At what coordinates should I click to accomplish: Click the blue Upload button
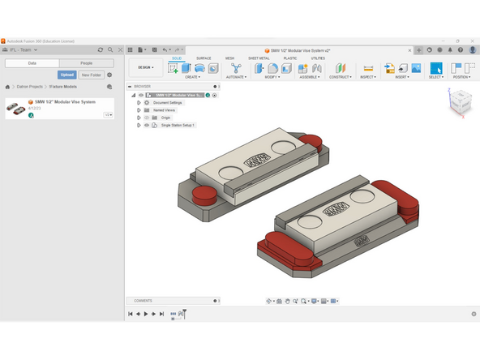[x=66, y=75]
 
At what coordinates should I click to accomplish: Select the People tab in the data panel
[x=86, y=62]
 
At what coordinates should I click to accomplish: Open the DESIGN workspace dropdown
[x=146, y=67]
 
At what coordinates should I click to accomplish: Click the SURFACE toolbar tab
[x=204, y=58]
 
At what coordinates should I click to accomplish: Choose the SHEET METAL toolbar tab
[x=259, y=58]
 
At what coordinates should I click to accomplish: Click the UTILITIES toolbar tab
[x=318, y=58]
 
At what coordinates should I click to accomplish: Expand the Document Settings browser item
[x=139, y=103]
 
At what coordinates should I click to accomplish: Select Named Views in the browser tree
[x=165, y=110]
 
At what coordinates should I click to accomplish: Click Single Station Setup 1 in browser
[x=178, y=125]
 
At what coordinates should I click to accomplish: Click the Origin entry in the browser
[x=161, y=118]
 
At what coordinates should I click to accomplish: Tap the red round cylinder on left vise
[x=203, y=195]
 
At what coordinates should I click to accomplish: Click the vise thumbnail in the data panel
[x=15, y=108]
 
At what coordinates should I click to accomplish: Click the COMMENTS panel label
[x=143, y=301]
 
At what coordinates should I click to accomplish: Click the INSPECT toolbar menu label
[x=367, y=77]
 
